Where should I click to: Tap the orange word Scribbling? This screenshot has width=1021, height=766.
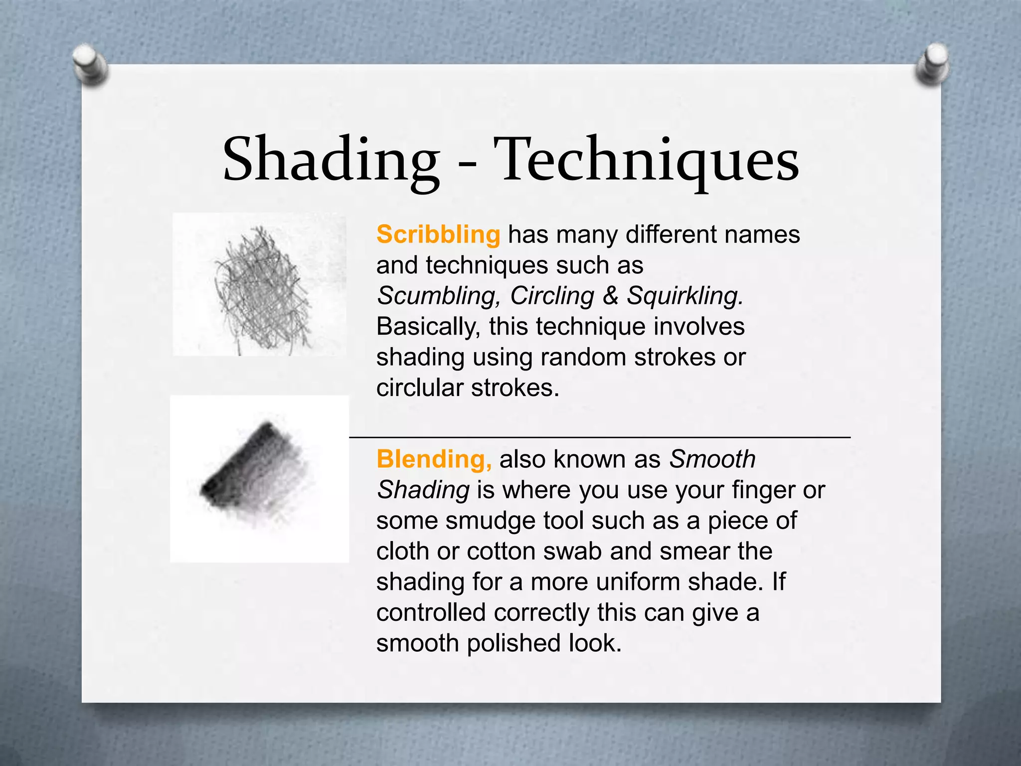click(438, 234)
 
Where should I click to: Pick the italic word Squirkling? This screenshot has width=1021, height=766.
click(685, 296)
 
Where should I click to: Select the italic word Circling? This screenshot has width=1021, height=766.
click(552, 296)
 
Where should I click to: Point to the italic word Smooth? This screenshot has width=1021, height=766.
click(712, 459)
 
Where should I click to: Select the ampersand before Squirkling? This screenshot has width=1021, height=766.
click(610, 296)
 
